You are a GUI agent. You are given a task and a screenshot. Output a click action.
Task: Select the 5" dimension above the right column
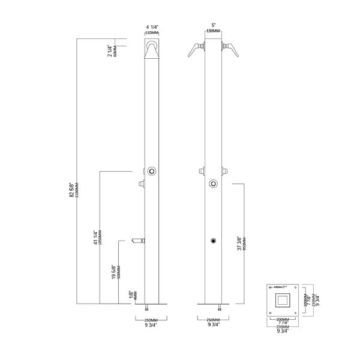(211, 25)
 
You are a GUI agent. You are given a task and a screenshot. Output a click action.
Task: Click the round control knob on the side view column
(154, 172)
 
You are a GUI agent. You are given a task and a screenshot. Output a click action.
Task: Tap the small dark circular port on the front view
(212, 241)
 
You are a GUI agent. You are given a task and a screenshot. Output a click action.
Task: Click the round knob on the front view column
(212, 184)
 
